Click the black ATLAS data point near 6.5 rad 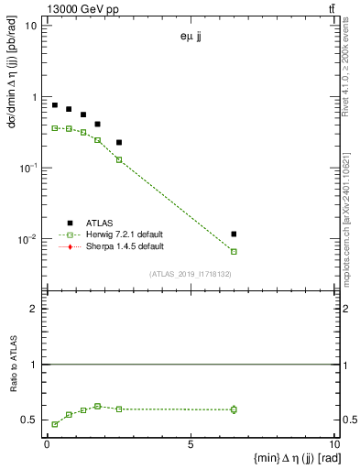click(x=235, y=234)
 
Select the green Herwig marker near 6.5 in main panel click(x=235, y=251)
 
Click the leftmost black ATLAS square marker click(x=55, y=105)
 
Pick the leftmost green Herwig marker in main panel click(x=55, y=128)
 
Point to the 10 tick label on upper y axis click(x=31, y=26)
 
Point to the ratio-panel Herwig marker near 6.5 click(x=235, y=409)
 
